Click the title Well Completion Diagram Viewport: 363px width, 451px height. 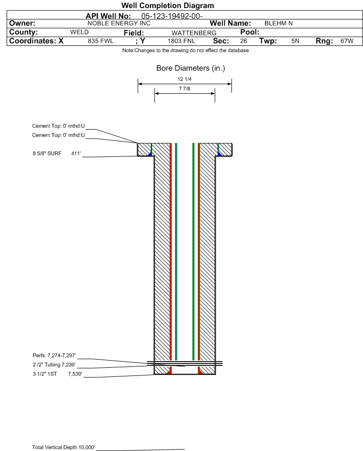pos(168,5)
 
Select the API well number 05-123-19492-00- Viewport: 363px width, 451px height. pos(172,16)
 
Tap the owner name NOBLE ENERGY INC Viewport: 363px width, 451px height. pos(119,23)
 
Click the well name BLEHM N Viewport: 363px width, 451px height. pos(278,23)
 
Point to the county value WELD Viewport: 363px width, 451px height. pos(79,32)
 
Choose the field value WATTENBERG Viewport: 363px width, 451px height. pos(194,33)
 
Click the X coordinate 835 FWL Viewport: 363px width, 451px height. pos(100,41)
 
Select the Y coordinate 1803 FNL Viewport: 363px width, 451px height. pos(181,41)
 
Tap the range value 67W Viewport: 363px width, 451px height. pos(347,41)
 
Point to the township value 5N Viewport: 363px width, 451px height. pos(295,41)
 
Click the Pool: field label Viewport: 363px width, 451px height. pos(250,32)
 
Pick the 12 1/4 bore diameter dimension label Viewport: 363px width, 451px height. pos(185,79)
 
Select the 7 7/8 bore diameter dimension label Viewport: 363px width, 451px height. pos(185,88)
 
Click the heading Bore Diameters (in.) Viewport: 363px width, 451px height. pos(191,68)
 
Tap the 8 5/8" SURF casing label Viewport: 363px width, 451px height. pos(47,154)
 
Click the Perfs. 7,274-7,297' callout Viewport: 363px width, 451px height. pos(55,355)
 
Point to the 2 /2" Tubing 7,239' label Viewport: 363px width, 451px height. pos(54,365)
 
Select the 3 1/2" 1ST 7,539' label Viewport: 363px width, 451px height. pos(57,374)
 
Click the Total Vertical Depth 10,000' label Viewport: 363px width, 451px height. pos(64,447)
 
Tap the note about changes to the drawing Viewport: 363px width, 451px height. pos(186,50)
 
